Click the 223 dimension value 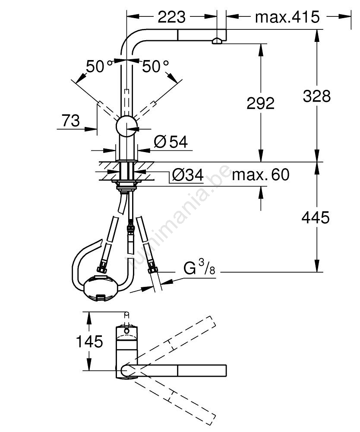point(172,17)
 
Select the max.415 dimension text point(287,17)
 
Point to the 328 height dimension point(316,96)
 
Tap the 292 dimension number point(260,103)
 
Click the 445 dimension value point(316,218)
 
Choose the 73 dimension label point(70,121)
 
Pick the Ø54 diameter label point(171,142)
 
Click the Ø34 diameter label point(188,175)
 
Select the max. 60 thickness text point(261,175)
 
